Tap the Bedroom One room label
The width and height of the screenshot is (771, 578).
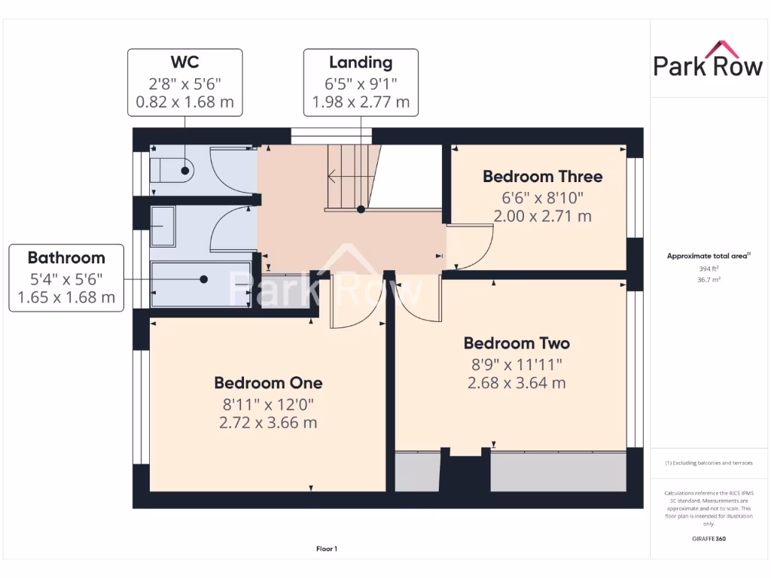click(x=268, y=382)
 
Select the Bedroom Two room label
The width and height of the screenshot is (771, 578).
click(x=517, y=343)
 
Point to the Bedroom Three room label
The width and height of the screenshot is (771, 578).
click(x=542, y=176)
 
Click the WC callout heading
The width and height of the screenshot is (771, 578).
click(x=184, y=62)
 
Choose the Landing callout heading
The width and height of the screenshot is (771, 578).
click(x=361, y=62)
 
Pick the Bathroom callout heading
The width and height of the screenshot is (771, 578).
click(x=66, y=257)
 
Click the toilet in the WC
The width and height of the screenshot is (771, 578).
click(x=172, y=171)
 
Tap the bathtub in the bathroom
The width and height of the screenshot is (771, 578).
click(x=201, y=284)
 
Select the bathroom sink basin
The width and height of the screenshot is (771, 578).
click(x=162, y=226)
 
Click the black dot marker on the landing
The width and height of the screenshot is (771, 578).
click(x=361, y=209)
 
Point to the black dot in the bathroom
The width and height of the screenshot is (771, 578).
click(x=204, y=278)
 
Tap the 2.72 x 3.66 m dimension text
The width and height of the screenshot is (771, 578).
click(x=268, y=422)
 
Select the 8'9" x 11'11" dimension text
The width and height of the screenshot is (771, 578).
click(x=516, y=364)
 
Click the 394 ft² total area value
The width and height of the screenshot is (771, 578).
click(x=708, y=268)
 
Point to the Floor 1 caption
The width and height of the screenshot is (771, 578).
click(x=326, y=549)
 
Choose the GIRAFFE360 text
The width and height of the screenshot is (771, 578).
click(x=708, y=539)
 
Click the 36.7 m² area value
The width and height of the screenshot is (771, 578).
click(x=708, y=278)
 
